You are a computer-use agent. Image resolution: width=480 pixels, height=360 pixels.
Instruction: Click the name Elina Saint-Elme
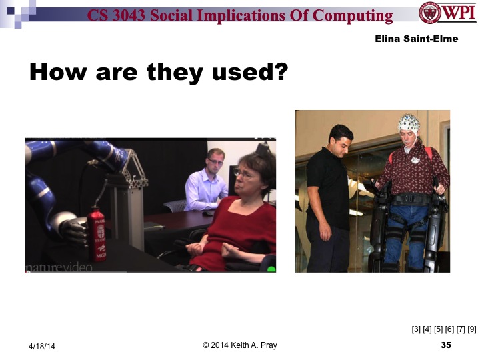coord(416,39)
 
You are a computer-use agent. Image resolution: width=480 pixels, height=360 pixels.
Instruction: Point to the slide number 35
coord(446,345)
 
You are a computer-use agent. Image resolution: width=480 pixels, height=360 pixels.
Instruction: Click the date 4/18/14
coord(41,346)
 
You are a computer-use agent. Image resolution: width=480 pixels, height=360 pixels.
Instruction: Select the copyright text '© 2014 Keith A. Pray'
coord(240,345)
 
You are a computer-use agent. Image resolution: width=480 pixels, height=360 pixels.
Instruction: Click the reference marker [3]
coord(416,328)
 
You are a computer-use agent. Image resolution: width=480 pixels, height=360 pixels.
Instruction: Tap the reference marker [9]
coord(471,328)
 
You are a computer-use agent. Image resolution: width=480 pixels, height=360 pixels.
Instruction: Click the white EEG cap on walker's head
coord(409,123)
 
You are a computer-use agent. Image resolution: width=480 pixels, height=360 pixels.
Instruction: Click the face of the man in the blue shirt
coord(215,161)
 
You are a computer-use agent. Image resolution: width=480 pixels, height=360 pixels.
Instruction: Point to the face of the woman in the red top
coord(248,179)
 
